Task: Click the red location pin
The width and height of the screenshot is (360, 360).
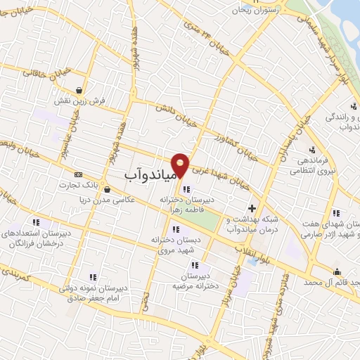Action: pos(181,164)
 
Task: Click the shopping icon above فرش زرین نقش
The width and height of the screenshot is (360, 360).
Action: pos(83,91)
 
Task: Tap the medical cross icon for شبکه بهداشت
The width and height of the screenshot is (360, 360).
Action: pos(252,207)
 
